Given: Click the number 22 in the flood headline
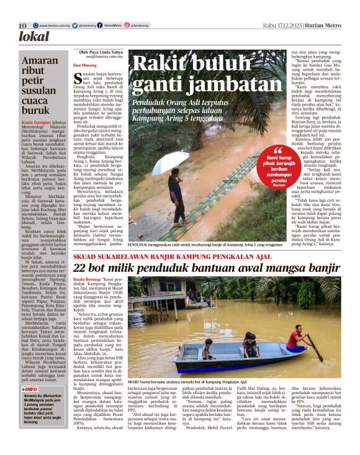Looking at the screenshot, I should coord(81,268).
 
